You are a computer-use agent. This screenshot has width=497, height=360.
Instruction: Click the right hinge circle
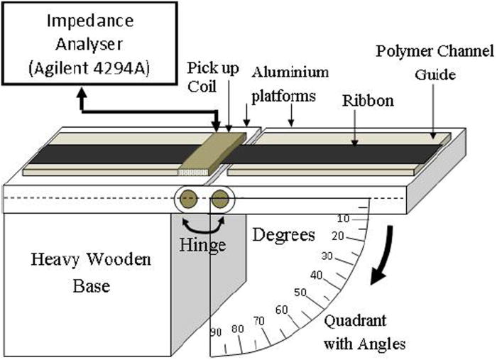[x=220, y=198]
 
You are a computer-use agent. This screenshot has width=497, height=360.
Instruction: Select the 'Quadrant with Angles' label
[x=366, y=332]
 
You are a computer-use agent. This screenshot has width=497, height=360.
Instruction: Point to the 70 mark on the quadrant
[x=261, y=321]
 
